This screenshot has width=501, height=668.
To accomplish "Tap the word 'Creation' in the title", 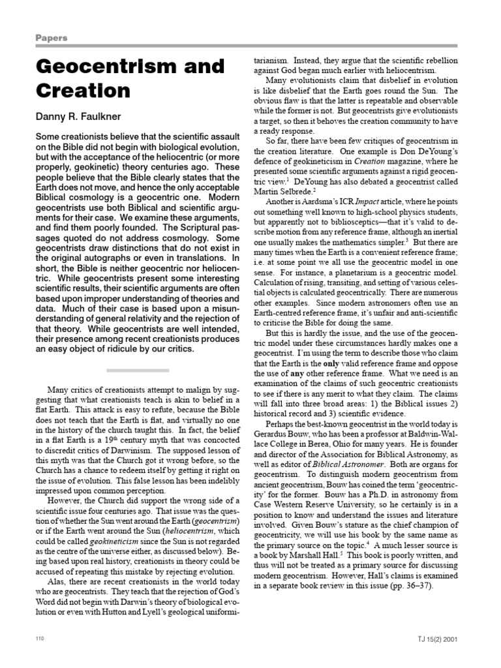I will coord(77,90).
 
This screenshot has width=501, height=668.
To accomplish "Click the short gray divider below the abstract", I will coord(138,370).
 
